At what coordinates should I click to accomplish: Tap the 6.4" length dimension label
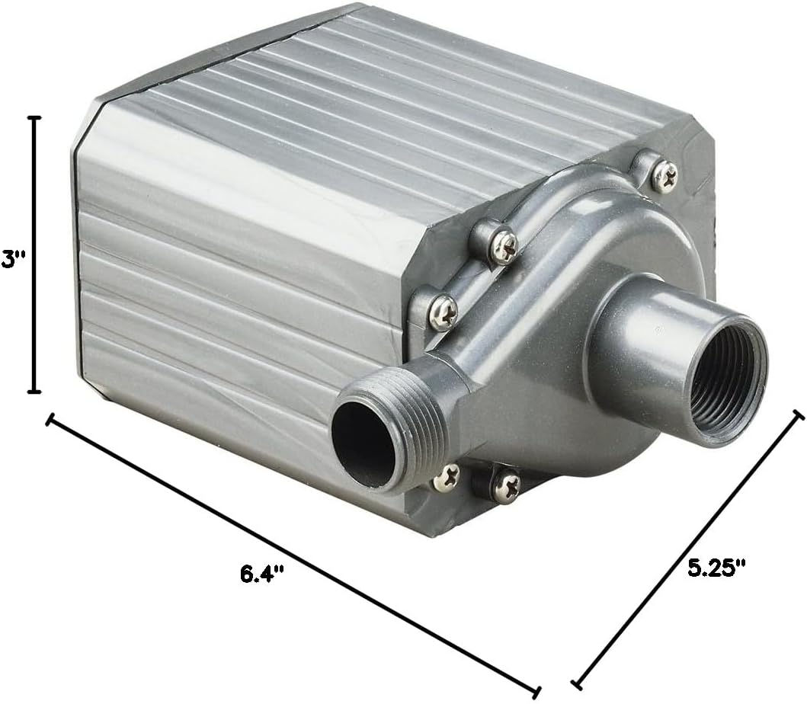[262, 573]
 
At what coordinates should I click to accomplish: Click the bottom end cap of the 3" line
[34, 392]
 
